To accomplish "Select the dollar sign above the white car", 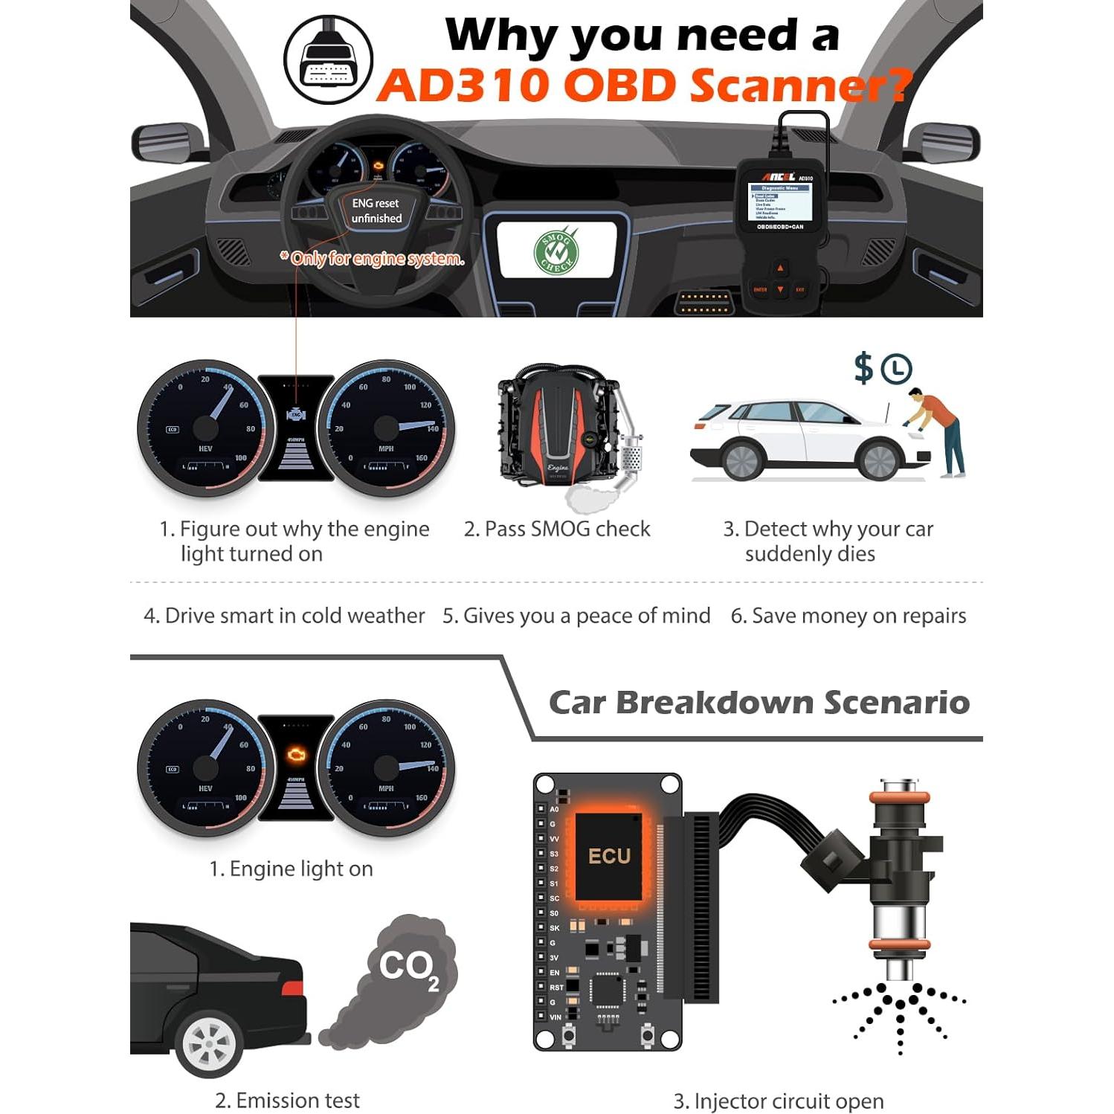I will [863, 368].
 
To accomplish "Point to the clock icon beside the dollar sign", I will [897, 369].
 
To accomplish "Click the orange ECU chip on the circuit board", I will [609, 856].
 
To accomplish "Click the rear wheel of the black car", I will [209, 1043].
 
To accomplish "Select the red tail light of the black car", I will [292, 988].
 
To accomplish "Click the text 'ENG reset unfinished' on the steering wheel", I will [376, 211].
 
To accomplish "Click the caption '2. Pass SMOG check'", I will [557, 529].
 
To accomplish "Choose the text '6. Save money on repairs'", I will [849, 616].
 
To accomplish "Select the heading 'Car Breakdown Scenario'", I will [759, 703].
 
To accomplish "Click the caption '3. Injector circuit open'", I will [779, 1101].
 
